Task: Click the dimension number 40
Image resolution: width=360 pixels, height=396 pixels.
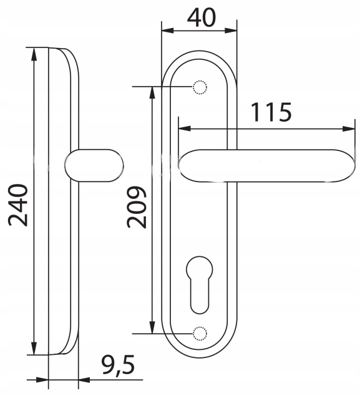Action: point(202,17)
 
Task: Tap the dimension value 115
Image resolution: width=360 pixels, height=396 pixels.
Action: point(271,112)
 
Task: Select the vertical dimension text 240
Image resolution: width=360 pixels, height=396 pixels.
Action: point(18,205)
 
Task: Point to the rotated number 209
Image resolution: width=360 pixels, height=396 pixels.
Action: point(137,207)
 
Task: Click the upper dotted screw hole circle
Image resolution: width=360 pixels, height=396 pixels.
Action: point(200,87)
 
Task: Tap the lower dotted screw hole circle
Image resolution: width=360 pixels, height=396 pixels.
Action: point(200,334)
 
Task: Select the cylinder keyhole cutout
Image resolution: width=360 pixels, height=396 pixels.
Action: point(200,285)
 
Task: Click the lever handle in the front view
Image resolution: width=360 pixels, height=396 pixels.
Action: point(266,166)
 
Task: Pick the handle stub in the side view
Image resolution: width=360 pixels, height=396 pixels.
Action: point(94,165)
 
